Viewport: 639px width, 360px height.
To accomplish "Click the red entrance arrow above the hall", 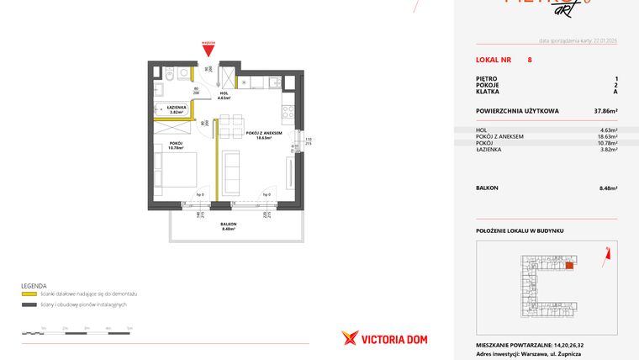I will pyautogui.click(x=208, y=50).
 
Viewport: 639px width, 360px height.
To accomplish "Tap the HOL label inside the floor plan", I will pyautogui.click(x=224, y=95).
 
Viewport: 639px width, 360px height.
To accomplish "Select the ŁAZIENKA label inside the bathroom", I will pyautogui.click(x=177, y=109).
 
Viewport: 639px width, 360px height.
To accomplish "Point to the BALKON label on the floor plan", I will pyautogui.click(x=229, y=224).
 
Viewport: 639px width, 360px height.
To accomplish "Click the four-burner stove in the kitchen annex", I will pyautogui.click(x=288, y=110).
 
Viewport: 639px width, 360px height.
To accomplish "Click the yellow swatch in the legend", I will pyautogui.click(x=28, y=294).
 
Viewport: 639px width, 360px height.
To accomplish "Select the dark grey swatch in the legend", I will pyautogui.click(x=28, y=304).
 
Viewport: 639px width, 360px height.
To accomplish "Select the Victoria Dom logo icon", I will pyautogui.click(x=350, y=338).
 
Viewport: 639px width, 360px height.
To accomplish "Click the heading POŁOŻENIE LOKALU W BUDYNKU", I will pyautogui.click(x=519, y=230).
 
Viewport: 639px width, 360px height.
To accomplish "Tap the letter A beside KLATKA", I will pyautogui.click(x=615, y=93).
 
